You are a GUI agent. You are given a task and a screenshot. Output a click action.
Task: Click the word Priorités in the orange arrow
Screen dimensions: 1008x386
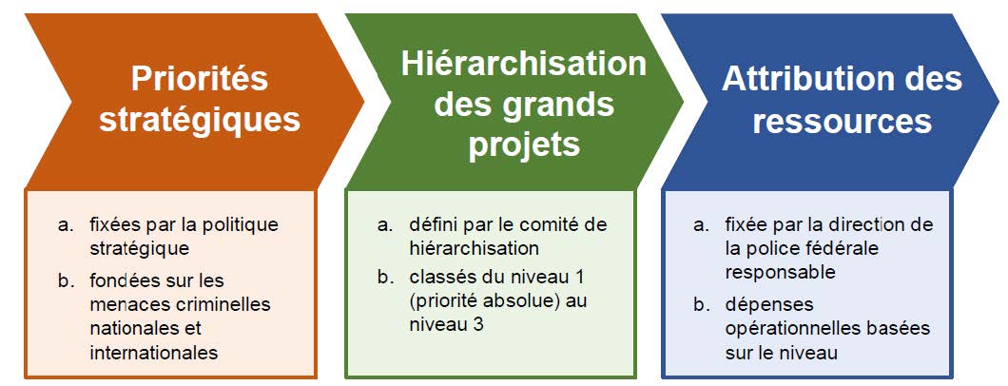coord(200,80)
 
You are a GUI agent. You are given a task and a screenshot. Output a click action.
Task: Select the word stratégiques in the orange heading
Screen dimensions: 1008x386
coord(200,121)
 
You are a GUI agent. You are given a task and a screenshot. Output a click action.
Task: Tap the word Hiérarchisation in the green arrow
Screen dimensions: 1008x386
coord(524,64)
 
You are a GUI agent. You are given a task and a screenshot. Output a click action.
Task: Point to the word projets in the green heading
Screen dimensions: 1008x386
coord(524,145)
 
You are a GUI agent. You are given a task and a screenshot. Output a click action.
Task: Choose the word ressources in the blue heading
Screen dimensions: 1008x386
coord(843,121)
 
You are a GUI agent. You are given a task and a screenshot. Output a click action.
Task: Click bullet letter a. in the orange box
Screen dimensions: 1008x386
coord(65,226)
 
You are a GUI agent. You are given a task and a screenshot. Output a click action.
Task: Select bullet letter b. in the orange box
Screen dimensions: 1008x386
coord(65,281)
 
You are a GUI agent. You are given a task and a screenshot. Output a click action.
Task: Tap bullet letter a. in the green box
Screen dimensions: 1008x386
coord(384,226)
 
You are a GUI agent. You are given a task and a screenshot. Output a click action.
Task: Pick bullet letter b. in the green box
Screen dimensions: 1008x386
coord(384,279)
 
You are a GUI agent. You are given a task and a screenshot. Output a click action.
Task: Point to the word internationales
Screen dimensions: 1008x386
coord(154,353)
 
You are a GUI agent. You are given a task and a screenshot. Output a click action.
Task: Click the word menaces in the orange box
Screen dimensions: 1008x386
coord(122,304)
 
